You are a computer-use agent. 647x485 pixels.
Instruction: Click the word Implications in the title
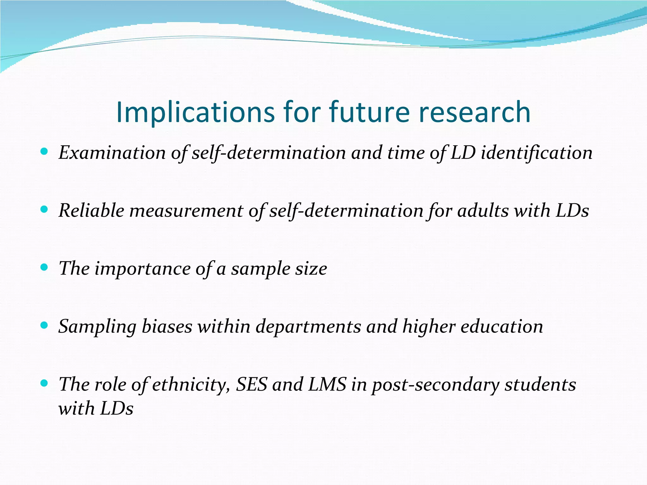pos(196,112)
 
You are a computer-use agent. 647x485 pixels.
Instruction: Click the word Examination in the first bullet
pos(112,153)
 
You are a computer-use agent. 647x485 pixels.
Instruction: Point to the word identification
pos(536,153)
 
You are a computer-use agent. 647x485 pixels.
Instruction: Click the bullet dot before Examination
pos(44,152)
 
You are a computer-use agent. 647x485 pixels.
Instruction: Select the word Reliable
pos(91,211)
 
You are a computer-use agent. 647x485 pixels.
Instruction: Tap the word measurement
pos(186,211)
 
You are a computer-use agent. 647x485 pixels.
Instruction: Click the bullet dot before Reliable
pos(44,210)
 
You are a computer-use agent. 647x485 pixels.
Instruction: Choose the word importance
pos(142,269)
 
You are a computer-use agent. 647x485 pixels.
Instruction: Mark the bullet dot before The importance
pos(44,268)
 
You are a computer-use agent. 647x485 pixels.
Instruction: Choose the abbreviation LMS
pos(327,385)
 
